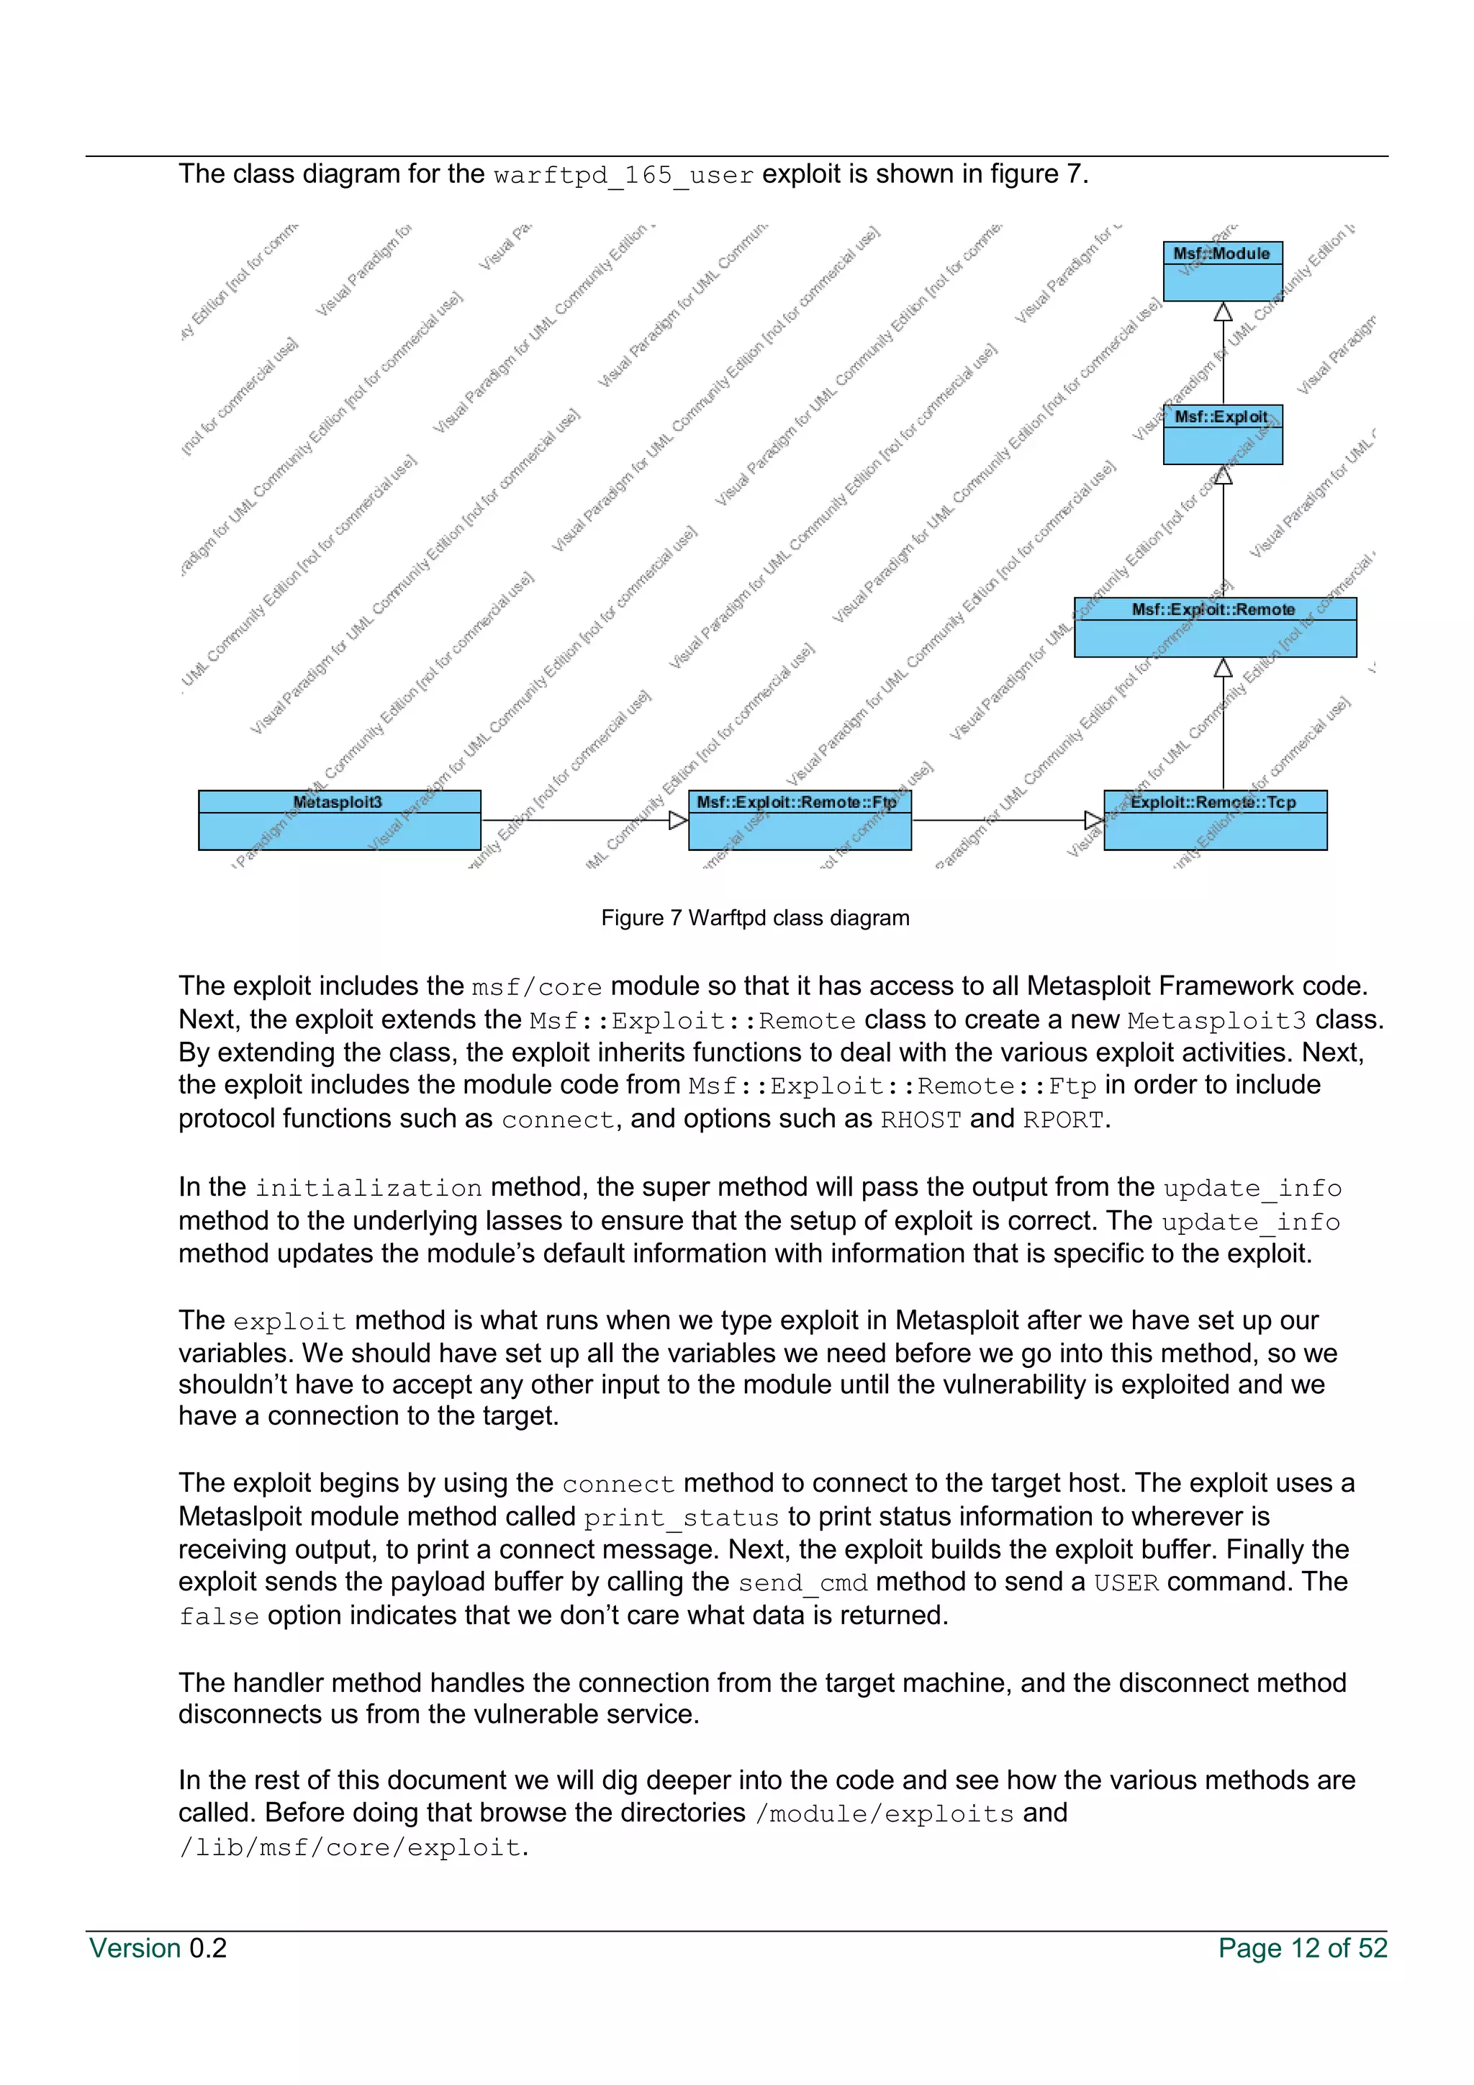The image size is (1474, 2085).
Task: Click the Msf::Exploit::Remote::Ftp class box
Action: [799, 819]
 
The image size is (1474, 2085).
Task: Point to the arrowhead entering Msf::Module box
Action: [1223, 312]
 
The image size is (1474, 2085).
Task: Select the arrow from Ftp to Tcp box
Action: [1008, 820]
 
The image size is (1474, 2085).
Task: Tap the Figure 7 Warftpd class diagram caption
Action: [754, 918]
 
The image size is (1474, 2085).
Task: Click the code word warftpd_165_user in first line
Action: [623, 174]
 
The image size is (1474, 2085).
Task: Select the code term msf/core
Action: [536, 987]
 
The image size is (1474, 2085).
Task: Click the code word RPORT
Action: [1063, 1120]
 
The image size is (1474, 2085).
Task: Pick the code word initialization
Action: [368, 1188]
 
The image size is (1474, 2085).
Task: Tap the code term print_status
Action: [681, 1518]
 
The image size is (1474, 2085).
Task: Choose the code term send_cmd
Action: [802, 1582]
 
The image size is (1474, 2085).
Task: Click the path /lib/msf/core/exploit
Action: [351, 1847]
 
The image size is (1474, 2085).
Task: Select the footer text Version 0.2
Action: [158, 1949]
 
